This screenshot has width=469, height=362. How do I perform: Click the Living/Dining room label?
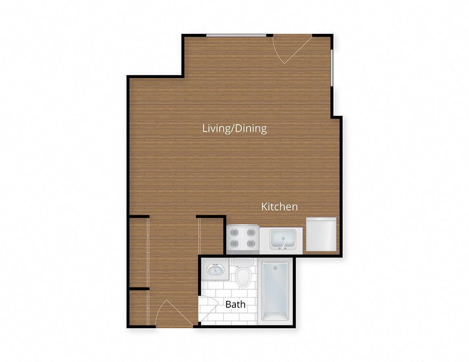(x=234, y=129)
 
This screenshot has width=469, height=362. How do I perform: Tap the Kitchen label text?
(x=279, y=207)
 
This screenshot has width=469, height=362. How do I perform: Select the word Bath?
(x=236, y=304)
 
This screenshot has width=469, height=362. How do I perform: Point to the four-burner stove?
(x=242, y=238)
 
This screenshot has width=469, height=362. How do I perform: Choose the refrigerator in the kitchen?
(x=321, y=234)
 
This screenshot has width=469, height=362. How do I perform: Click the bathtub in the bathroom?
(x=275, y=291)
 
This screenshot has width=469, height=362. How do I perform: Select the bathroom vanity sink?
(x=217, y=270)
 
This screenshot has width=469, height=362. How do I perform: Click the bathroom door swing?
(x=207, y=308)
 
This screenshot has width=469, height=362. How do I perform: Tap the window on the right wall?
(x=332, y=68)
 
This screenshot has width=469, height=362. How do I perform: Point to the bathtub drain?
(x=275, y=268)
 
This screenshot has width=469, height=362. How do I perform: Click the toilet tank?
(x=243, y=262)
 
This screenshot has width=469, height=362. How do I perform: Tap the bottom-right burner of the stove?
(x=251, y=243)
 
